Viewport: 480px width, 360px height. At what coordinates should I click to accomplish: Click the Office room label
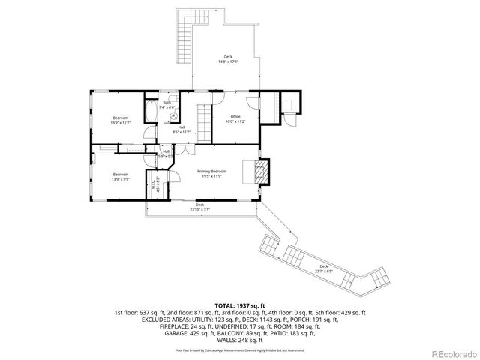pos(235,118)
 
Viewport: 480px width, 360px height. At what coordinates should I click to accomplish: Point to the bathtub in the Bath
pos(150,112)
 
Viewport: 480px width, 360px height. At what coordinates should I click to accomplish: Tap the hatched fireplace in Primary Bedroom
pos(259,172)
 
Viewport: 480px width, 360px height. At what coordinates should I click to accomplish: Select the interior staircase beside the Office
pos(201,120)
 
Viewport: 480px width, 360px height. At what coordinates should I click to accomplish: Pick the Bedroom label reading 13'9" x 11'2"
pos(120,120)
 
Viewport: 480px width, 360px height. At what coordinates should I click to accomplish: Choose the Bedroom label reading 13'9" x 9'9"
pos(119,177)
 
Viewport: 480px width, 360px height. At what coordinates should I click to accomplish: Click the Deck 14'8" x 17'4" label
pos(228,59)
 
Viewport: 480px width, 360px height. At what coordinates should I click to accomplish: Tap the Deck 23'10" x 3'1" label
pos(199,207)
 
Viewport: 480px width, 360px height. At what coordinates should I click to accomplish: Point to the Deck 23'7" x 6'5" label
pos(323,268)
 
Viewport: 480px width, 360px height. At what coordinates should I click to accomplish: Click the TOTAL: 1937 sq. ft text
pos(240,306)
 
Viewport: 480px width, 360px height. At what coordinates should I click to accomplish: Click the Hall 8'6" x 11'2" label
pos(181,130)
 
